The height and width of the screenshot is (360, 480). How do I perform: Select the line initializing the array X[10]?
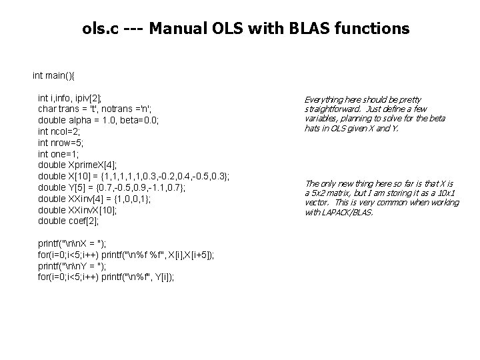133,176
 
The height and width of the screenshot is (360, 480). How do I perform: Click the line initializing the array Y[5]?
115,187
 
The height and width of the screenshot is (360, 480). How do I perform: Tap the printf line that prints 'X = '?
73,243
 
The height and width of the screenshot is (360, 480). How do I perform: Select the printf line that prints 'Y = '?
73,266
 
